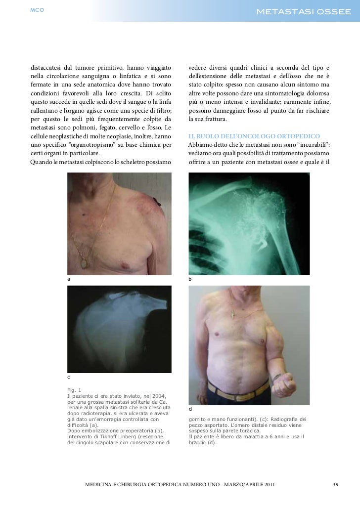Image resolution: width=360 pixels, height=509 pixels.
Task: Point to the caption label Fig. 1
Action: click(x=74, y=388)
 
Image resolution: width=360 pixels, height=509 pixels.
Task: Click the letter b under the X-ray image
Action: click(x=190, y=280)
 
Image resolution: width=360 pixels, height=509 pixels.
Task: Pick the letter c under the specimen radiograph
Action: click(x=69, y=377)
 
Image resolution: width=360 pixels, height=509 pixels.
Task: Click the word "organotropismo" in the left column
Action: click(x=108, y=145)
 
